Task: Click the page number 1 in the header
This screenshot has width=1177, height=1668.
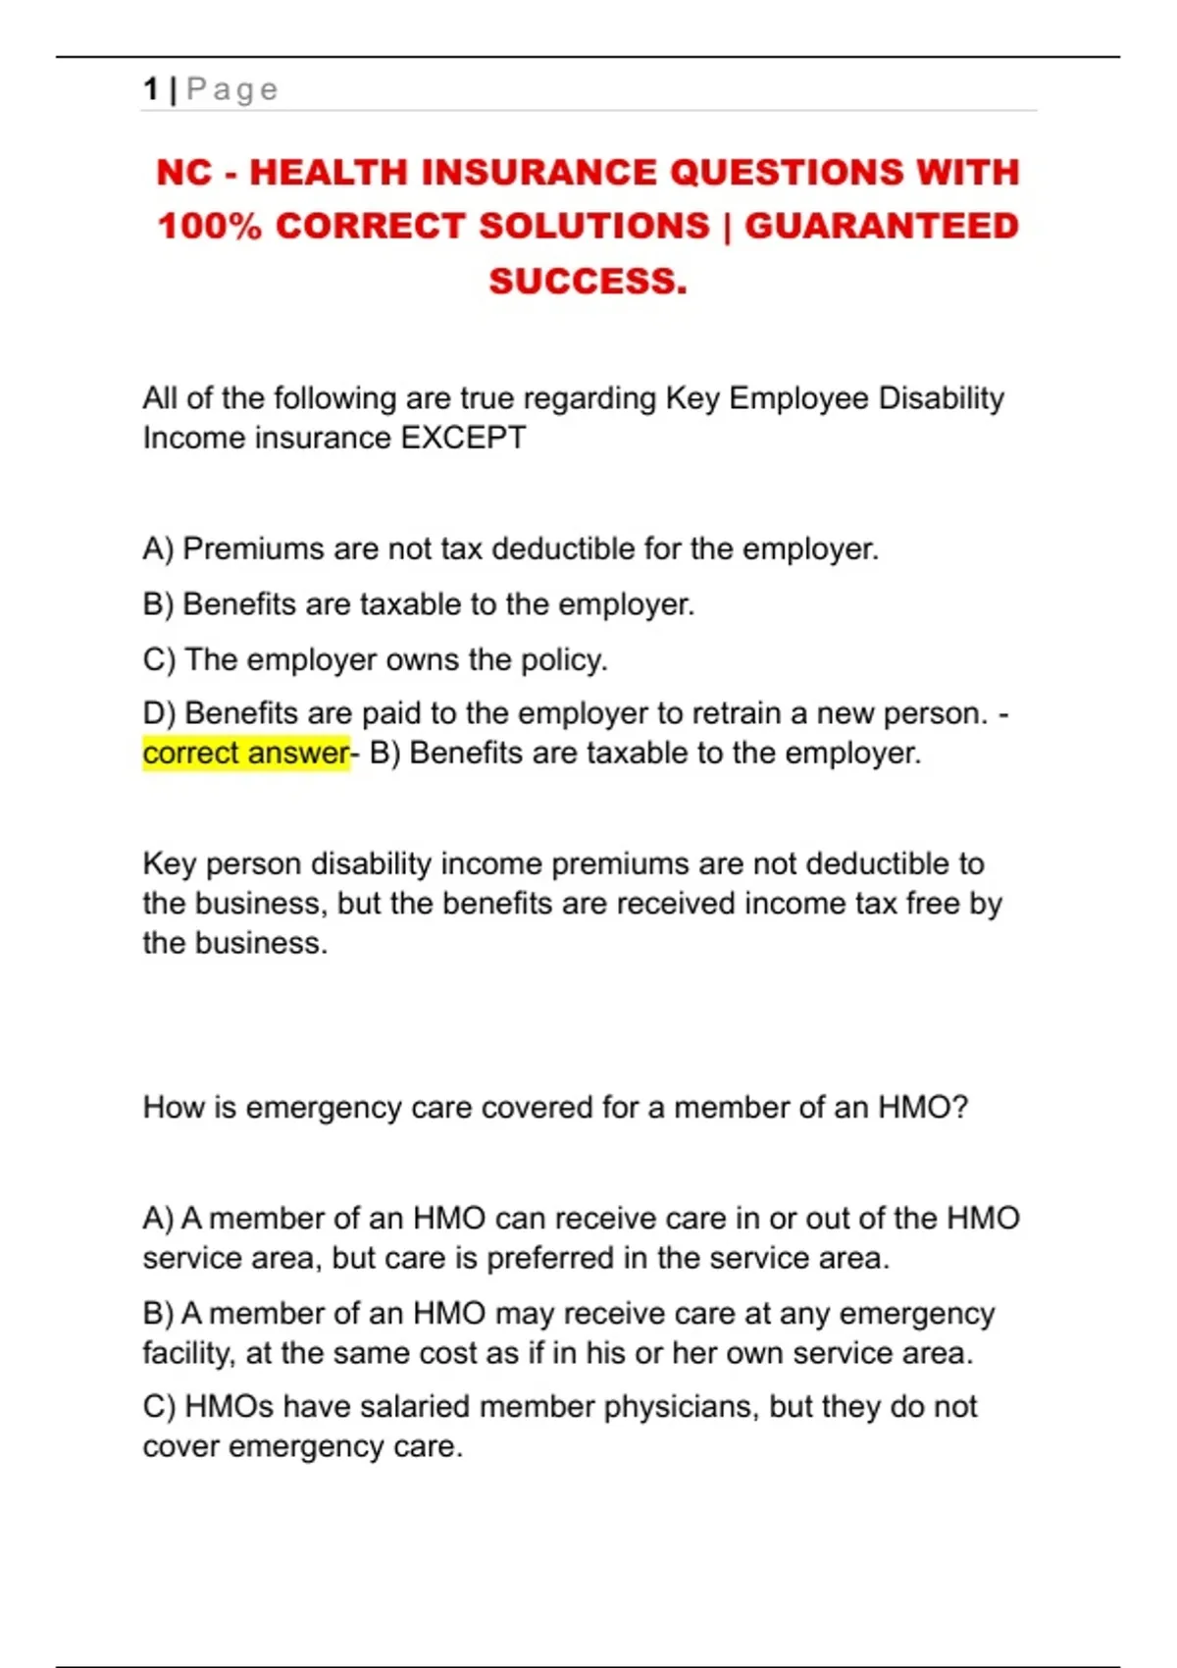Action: click(150, 89)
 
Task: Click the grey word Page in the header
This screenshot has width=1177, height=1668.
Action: click(232, 90)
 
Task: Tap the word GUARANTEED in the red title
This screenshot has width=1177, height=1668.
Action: click(882, 226)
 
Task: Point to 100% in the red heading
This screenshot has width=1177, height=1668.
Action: click(209, 226)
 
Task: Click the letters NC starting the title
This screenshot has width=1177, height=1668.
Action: click(183, 173)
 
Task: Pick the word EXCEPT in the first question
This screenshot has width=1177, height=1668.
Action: click(464, 438)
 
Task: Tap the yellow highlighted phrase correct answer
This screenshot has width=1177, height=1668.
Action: click(245, 754)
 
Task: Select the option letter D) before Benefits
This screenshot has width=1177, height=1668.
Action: click(159, 713)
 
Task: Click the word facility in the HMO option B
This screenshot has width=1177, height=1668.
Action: click(188, 1353)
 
